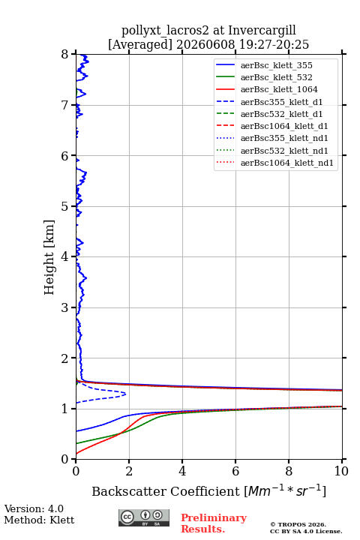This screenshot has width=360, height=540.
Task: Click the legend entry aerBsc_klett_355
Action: tap(276, 65)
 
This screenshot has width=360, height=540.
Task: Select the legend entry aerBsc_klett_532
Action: tap(276, 77)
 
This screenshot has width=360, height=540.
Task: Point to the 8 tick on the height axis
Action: tap(73, 54)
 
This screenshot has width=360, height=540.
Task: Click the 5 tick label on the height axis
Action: tap(64, 207)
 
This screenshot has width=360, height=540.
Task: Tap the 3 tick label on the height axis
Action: tap(64, 307)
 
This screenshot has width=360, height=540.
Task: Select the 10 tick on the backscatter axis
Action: tap(342, 461)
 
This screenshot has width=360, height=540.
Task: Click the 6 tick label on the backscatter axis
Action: tap(235, 471)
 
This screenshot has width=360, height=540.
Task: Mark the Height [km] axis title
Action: tap(49, 257)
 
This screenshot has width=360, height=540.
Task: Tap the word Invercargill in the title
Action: tap(262, 30)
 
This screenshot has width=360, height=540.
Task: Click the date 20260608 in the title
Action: tap(205, 44)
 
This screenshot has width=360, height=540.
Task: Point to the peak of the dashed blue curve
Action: tap(125, 394)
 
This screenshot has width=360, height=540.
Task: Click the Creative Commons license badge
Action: tap(144, 517)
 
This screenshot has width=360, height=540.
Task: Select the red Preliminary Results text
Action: tap(214, 523)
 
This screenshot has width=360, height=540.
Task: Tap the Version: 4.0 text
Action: tap(34, 508)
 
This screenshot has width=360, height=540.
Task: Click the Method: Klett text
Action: tap(39, 520)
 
